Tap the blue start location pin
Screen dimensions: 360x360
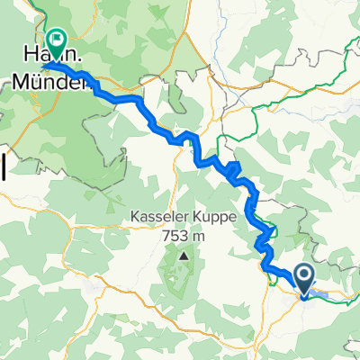point(305,279)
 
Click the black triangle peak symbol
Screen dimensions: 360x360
point(184,256)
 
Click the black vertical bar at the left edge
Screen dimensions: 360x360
point(3,166)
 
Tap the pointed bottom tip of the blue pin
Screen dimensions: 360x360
point(305,295)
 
